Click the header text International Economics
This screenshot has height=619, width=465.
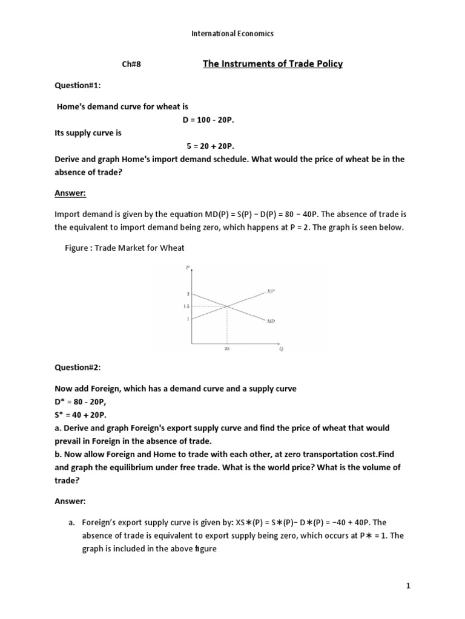click(x=232, y=34)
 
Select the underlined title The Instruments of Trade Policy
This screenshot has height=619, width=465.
click(x=272, y=64)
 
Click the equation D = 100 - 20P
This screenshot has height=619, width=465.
click(x=208, y=120)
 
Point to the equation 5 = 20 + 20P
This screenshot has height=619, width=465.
click(x=209, y=146)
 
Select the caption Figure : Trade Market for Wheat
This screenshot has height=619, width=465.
click(x=124, y=247)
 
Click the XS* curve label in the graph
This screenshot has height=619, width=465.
click(x=271, y=291)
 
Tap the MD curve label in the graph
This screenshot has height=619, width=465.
click(x=271, y=321)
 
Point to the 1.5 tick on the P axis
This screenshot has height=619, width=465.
click(x=186, y=306)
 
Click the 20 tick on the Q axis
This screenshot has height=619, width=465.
click(x=227, y=349)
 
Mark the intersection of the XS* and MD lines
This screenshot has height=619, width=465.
click(x=227, y=306)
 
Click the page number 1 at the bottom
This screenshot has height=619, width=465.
click(x=409, y=586)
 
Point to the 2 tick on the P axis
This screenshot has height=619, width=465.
click(x=188, y=294)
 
